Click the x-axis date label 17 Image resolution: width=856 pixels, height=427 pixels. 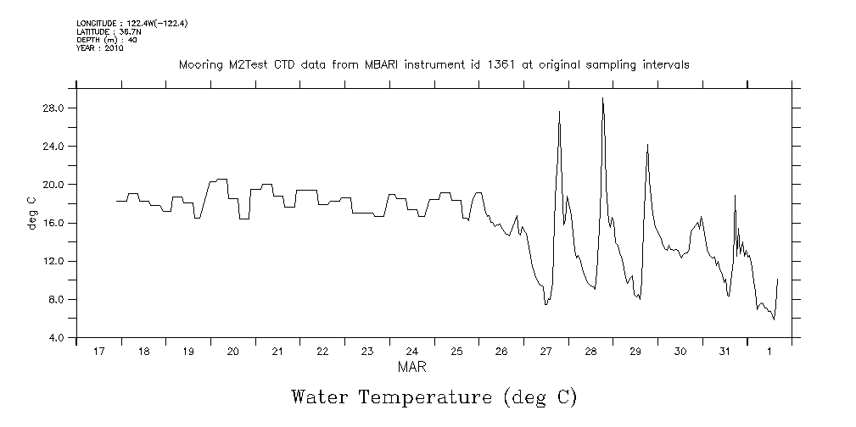pyautogui.click(x=99, y=352)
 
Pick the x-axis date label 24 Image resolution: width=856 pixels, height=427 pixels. pyautogui.click(x=411, y=352)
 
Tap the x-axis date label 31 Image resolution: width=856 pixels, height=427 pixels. pyautogui.click(x=725, y=352)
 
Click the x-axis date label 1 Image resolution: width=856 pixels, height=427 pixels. pyautogui.click(x=769, y=352)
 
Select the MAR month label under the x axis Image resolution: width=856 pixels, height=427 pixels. pyautogui.click(x=411, y=367)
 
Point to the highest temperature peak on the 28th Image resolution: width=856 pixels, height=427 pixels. pyautogui.click(x=602, y=99)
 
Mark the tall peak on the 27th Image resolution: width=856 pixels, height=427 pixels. pyautogui.click(x=559, y=112)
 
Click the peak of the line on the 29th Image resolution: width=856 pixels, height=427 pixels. pyautogui.click(x=647, y=145)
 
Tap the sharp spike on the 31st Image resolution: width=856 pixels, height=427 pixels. pyautogui.click(x=735, y=196)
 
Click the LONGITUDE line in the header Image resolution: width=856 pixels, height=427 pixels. pyautogui.click(x=131, y=23)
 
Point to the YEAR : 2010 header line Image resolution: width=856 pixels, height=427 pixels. pyautogui.click(x=100, y=48)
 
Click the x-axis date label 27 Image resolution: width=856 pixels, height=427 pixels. pyautogui.click(x=545, y=352)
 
